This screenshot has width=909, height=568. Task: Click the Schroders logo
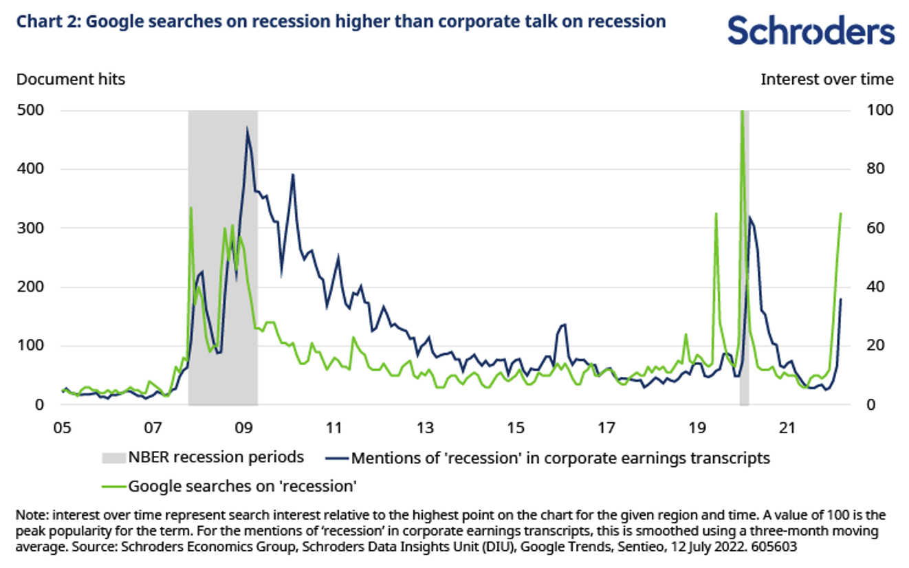pos(811,32)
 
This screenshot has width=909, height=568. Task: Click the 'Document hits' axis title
pos(70,79)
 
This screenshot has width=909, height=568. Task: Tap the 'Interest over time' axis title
pos(826,79)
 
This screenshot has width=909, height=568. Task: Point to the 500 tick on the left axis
pos(30,110)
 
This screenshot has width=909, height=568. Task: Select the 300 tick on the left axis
pos(30,228)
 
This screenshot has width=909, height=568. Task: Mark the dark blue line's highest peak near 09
pos(247,129)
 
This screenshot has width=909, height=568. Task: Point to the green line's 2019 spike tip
pos(716,214)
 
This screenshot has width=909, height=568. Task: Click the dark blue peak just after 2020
pos(749,218)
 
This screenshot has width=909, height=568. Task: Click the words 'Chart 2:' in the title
pos(45,21)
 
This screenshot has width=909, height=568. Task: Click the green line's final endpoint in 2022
pos(841,214)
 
